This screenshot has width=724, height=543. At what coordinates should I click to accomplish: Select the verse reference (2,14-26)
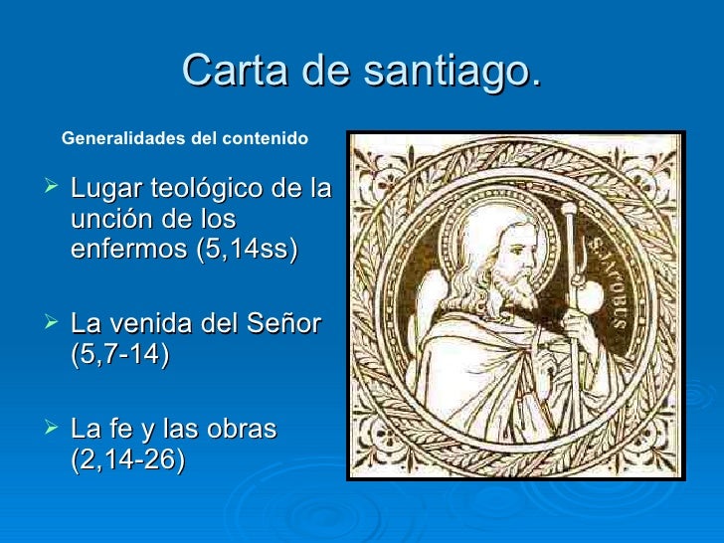[128, 461]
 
